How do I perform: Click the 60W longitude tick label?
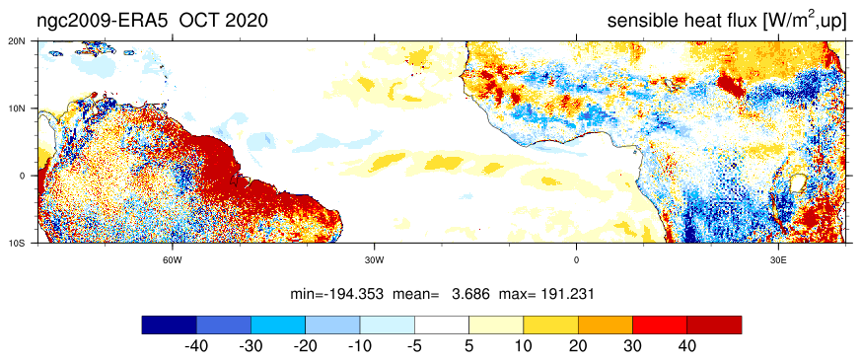pyautogui.click(x=172, y=259)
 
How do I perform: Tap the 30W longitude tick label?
pyautogui.click(x=374, y=259)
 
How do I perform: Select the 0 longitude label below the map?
pyautogui.click(x=576, y=259)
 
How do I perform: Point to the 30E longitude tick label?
pyautogui.click(x=777, y=259)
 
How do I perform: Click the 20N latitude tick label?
pyautogui.click(x=27, y=40)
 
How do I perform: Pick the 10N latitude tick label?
pyautogui.click(x=27, y=108)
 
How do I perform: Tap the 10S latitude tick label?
pyautogui.click(x=27, y=243)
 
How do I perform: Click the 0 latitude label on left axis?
pyautogui.click(x=31, y=176)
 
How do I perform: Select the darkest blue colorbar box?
pyautogui.click(x=169, y=324)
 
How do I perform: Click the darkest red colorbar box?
pyautogui.click(x=714, y=324)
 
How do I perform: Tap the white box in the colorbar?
pyautogui.click(x=442, y=324)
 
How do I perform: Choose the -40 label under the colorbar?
pyautogui.click(x=194, y=346)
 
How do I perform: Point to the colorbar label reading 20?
pyautogui.click(x=578, y=346)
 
